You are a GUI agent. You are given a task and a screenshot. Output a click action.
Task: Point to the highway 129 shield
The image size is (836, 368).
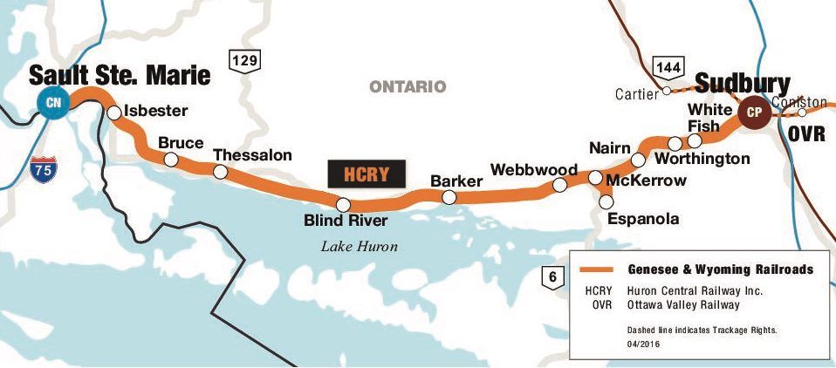click(243, 60)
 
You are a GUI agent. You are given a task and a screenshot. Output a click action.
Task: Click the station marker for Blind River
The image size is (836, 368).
click(344, 204)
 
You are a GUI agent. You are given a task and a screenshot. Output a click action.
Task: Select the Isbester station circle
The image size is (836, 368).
click(113, 112)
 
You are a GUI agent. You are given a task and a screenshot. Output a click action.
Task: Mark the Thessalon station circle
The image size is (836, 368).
click(220, 172)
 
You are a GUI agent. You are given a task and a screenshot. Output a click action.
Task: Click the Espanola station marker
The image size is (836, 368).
click(607, 202)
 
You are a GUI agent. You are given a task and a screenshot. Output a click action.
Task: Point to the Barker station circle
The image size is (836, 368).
click(449, 198)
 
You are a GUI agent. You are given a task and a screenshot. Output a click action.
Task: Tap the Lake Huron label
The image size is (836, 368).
click(359, 247)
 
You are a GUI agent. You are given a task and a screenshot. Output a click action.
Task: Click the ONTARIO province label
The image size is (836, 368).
click(408, 86)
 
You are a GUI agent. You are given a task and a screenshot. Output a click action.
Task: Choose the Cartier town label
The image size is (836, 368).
click(637, 93)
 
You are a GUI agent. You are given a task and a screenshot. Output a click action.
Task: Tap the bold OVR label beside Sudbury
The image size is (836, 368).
click(807, 135)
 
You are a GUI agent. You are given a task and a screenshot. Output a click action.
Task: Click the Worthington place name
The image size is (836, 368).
click(702, 159)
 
